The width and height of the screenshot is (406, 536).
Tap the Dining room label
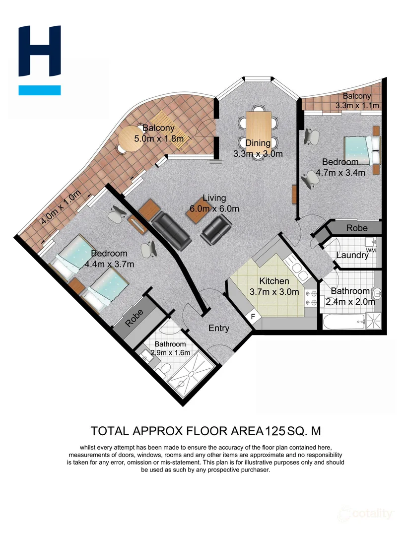tap(258, 143)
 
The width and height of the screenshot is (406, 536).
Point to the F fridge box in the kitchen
tap(253, 316)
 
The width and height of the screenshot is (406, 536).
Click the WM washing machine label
tap(370, 251)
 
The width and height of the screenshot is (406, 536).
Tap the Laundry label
tap(352, 256)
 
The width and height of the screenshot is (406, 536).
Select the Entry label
tap(219, 328)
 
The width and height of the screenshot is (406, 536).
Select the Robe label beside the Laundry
tap(357, 228)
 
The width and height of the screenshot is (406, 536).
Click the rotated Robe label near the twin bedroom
tap(134, 318)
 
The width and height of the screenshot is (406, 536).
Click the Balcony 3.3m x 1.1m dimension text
tap(357, 106)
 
